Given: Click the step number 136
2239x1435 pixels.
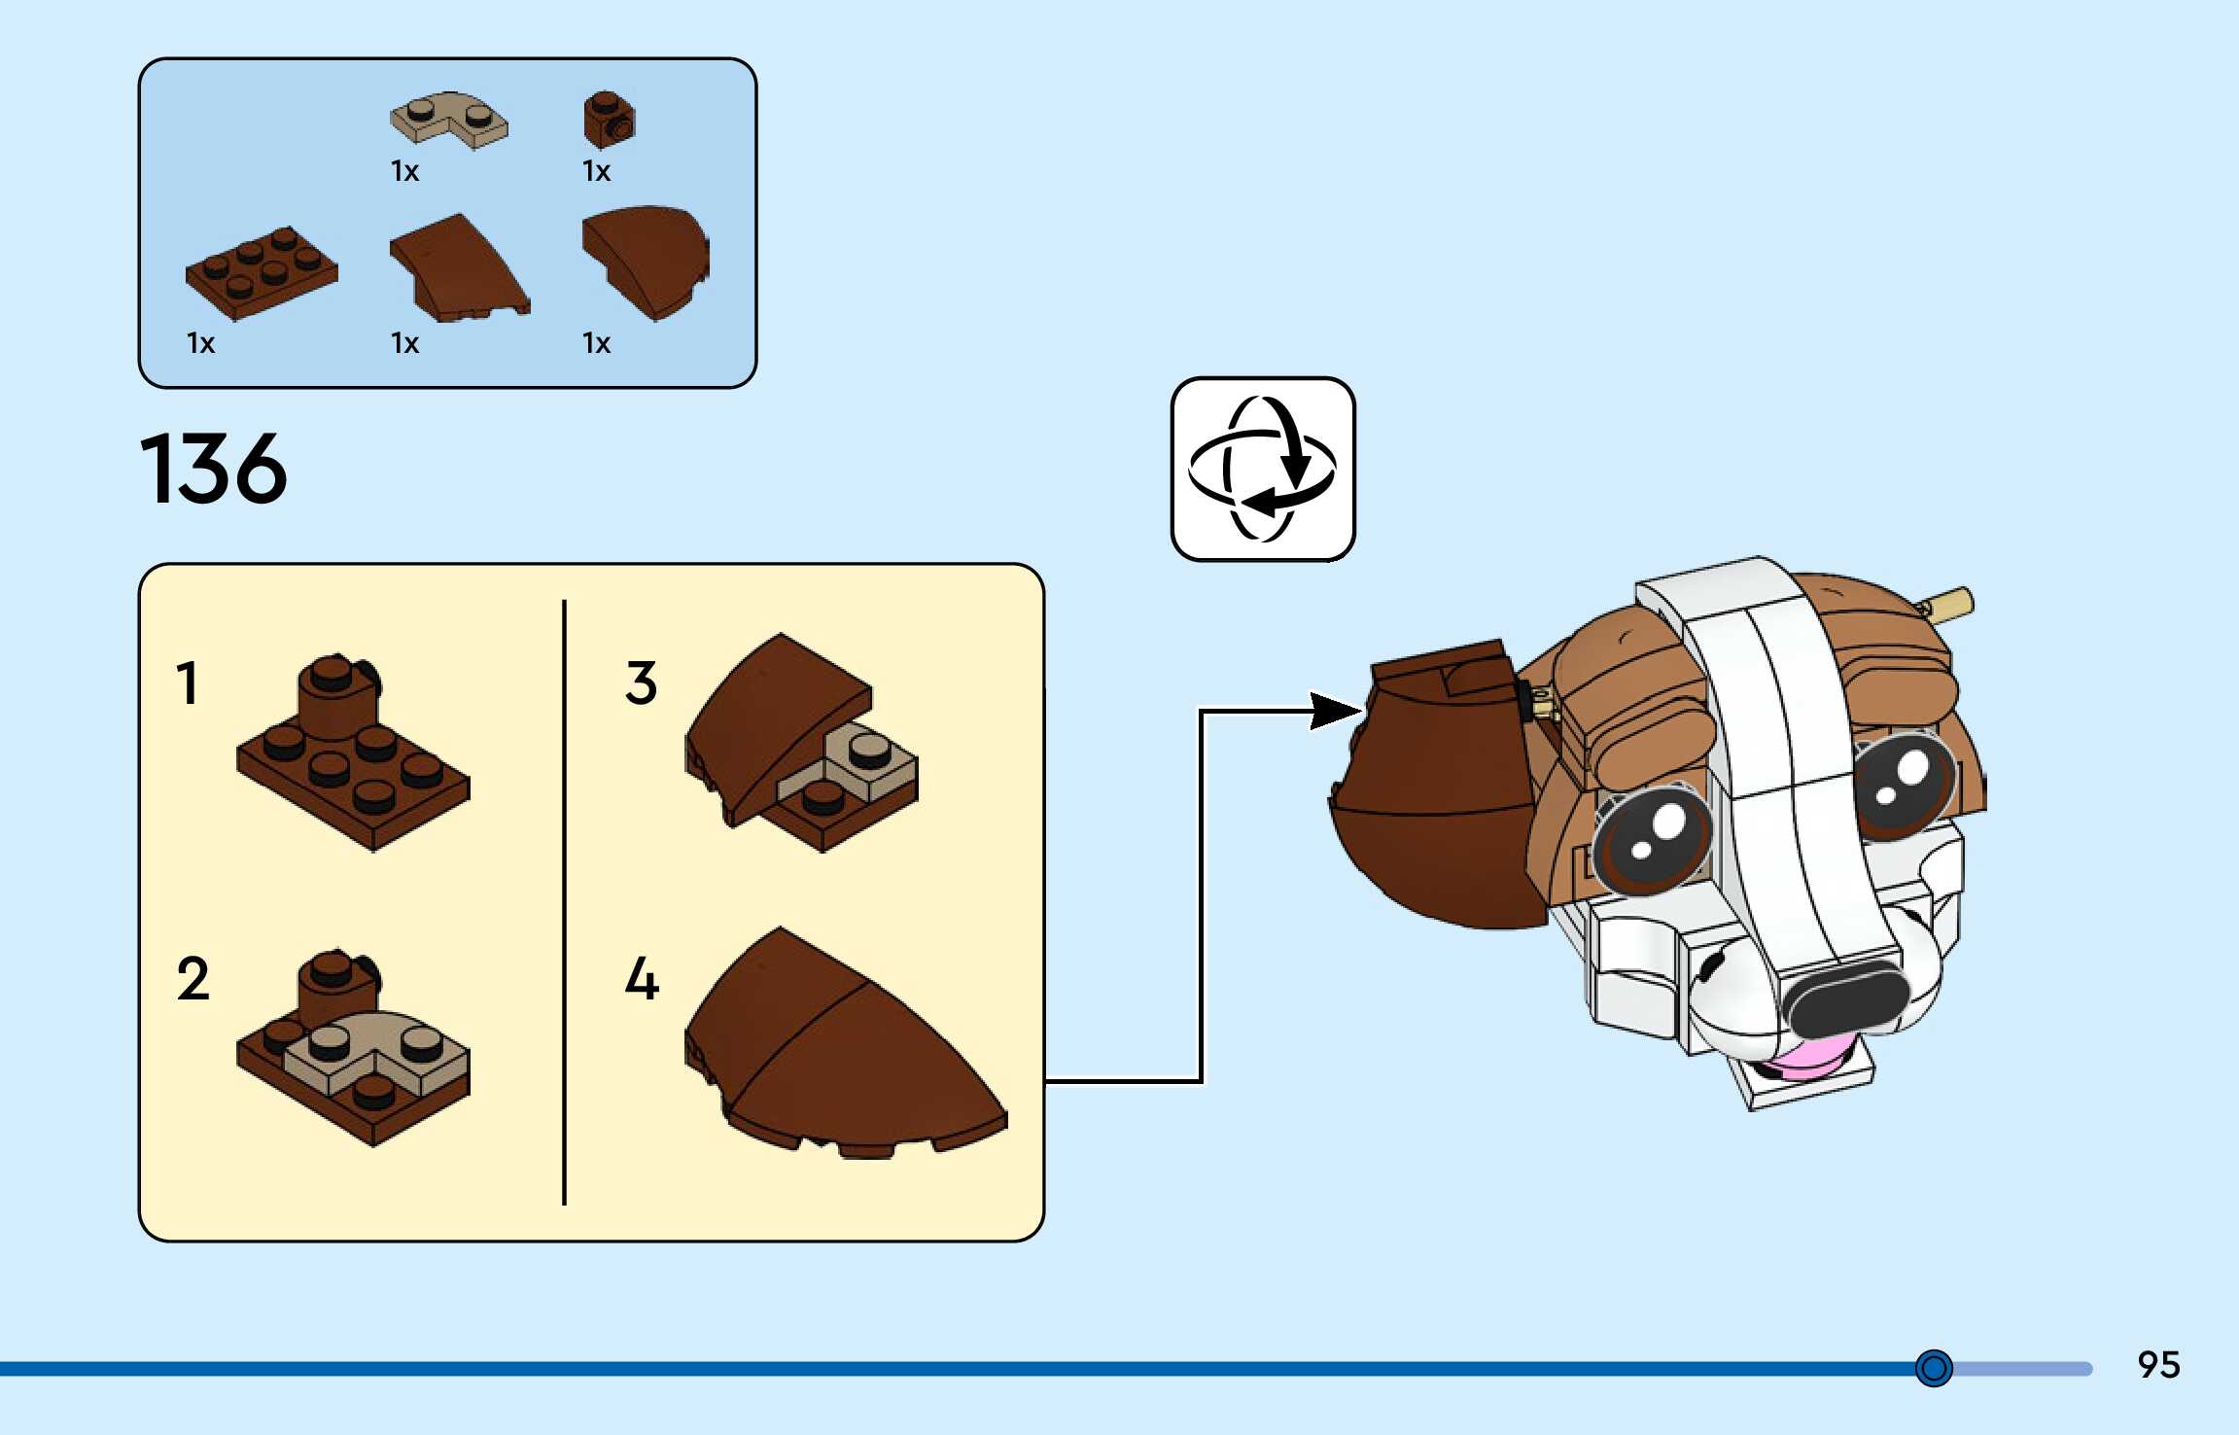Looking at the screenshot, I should click(214, 470).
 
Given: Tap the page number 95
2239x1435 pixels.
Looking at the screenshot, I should click(2158, 1365).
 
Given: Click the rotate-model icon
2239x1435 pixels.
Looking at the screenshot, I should click(1262, 470).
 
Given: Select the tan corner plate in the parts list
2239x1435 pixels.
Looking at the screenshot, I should click(449, 121).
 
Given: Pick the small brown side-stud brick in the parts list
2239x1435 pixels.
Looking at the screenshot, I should click(609, 121).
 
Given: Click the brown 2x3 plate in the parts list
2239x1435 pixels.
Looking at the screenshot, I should click(262, 272).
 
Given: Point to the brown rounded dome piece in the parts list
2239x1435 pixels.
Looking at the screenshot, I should click(647, 261).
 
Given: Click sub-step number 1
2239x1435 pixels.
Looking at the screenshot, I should click(188, 682).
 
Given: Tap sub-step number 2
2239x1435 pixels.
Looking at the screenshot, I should click(192, 978).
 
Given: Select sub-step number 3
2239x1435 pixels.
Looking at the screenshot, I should click(641, 682).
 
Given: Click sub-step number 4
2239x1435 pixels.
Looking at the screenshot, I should click(642, 978).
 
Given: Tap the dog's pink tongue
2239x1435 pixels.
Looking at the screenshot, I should click(1810, 1058).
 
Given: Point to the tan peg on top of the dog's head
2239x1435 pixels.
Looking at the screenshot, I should click(1949, 605).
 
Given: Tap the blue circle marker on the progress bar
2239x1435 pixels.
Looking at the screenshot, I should click(1934, 1368).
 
